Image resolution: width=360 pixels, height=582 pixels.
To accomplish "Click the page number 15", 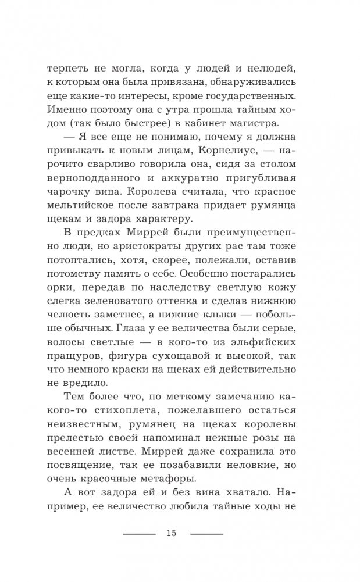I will (170, 534).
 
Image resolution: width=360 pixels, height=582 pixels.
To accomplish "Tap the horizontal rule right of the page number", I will (207, 534).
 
